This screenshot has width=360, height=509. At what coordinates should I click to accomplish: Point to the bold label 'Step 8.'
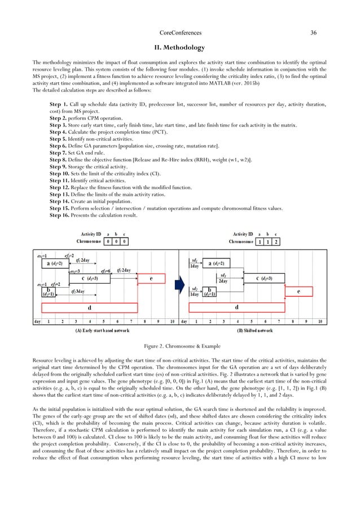tap(59, 160)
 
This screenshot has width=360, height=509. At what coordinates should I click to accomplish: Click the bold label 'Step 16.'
tap(60, 215)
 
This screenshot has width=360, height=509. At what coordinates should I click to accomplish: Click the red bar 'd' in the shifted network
tap(236, 308)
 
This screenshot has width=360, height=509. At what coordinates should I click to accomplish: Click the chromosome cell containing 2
tap(275, 242)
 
